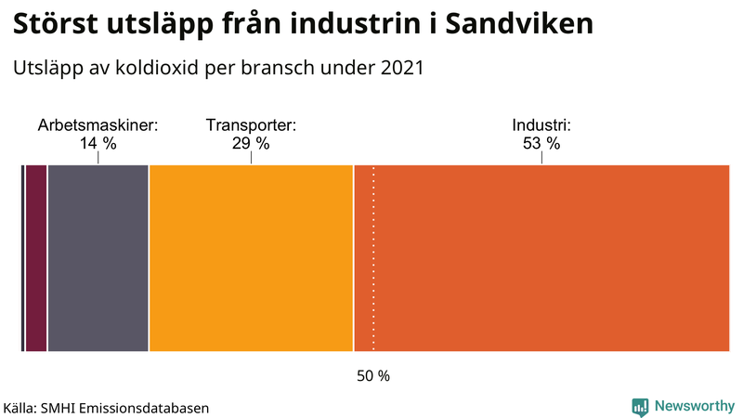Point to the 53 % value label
click(541, 143)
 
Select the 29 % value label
click(251, 143)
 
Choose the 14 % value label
click(98, 143)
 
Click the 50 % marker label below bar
click(373, 376)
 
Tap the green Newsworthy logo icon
click(640, 406)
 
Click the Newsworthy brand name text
click(694, 406)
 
